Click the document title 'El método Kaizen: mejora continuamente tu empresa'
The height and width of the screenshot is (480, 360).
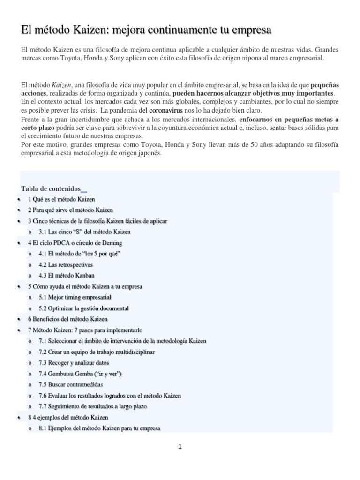146,30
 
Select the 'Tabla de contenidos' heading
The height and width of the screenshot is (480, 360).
51,188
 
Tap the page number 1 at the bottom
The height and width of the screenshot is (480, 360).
180,446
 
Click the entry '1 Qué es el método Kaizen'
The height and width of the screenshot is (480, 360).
61,199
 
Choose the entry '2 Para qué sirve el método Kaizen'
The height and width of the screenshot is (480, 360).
70,210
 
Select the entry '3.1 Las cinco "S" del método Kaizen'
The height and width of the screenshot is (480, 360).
84,232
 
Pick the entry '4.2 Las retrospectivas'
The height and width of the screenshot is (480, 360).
66,264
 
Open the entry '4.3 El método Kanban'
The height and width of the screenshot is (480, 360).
63,276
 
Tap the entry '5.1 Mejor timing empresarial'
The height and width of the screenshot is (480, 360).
75,297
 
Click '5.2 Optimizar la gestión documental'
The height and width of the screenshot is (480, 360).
83,308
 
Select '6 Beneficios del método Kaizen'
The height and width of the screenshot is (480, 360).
67,319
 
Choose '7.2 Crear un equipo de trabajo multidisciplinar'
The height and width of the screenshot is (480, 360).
97,352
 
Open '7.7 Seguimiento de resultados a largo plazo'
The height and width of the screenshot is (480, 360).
93,406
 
